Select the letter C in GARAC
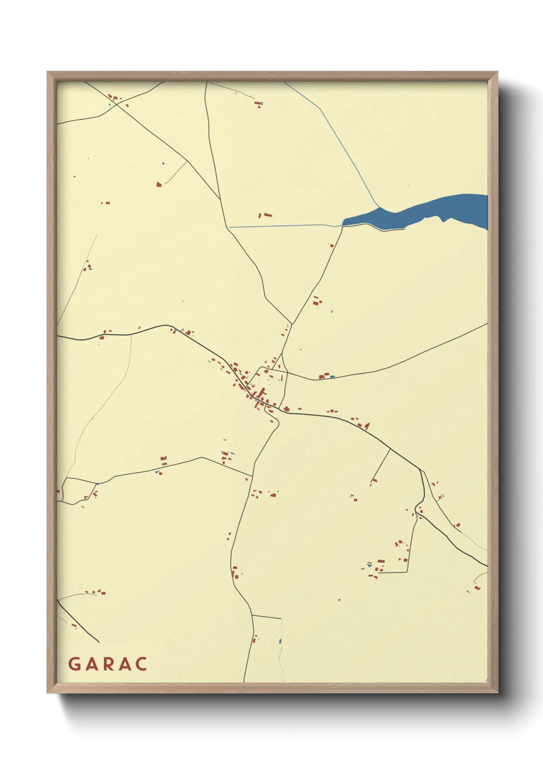coord(142,664)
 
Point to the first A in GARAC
coord(91,664)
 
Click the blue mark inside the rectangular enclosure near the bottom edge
coord(280,641)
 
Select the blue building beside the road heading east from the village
coord(333,377)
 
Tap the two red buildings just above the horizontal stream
coord(264,216)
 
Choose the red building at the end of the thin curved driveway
coord(159,184)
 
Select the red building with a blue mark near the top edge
coord(258,104)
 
